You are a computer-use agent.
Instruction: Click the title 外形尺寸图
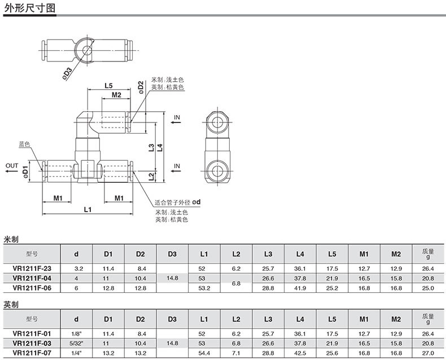tap(29, 8)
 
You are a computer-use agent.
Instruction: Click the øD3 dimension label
tap(67, 73)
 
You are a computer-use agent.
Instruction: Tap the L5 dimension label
tap(108, 85)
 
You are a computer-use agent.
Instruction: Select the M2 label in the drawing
tap(116, 95)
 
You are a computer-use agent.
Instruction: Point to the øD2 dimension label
tap(141, 87)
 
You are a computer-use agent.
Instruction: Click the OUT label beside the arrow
tap(12, 165)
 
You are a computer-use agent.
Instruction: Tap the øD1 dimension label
tap(25, 172)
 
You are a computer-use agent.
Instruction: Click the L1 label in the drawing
tap(88, 209)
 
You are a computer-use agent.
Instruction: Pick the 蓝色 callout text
tap(24, 144)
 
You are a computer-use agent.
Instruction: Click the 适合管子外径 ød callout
tap(177, 202)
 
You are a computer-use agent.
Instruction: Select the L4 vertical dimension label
tap(160, 147)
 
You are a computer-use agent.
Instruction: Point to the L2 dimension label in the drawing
tap(151, 177)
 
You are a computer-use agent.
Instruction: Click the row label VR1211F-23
tap(32, 269)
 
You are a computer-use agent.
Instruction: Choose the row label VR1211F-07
tap(32, 353)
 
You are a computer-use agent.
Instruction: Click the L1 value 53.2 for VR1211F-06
tap(204, 288)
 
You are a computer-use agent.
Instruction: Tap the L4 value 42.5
tap(300, 353)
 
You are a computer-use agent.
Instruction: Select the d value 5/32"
tap(76, 343)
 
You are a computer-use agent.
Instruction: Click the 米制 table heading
tap(11, 239)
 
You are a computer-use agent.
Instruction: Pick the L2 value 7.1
tap(236, 353)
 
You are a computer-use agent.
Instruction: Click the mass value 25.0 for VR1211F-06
tap(428, 288)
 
